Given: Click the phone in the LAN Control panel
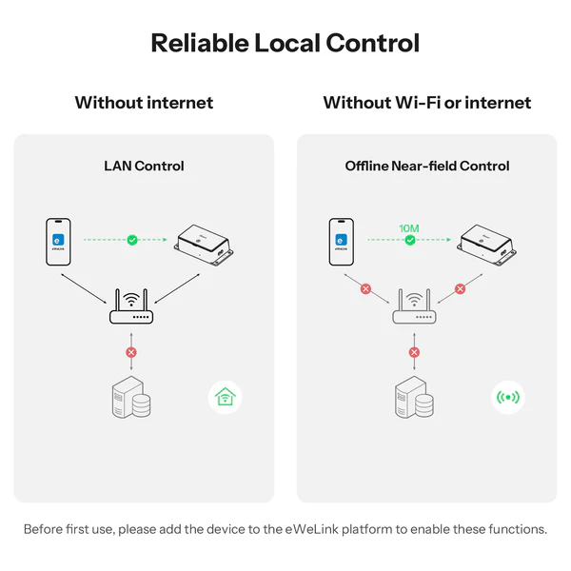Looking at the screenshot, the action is (x=58, y=242).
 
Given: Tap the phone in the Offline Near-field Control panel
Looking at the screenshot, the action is (x=342, y=242).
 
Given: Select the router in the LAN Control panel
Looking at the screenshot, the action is (x=131, y=306).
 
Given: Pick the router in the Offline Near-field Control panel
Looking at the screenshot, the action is (x=414, y=306).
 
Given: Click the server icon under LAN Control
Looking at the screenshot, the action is (x=131, y=397).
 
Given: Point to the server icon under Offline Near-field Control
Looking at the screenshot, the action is (x=414, y=397).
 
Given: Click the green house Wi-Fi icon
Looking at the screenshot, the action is (x=225, y=397).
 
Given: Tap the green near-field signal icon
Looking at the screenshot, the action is (x=508, y=397).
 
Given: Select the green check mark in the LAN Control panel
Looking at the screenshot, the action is (x=132, y=240).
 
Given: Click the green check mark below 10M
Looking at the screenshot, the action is (x=410, y=240).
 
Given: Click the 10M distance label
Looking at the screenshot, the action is (x=409, y=228).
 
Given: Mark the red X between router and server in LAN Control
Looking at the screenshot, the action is (x=131, y=352).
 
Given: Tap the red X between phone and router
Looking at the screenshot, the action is (x=365, y=289).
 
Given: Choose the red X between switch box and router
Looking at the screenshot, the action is (x=460, y=289).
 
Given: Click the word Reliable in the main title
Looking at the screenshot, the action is (x=200, y=43).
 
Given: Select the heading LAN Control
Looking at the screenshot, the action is (x=144, y=166).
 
